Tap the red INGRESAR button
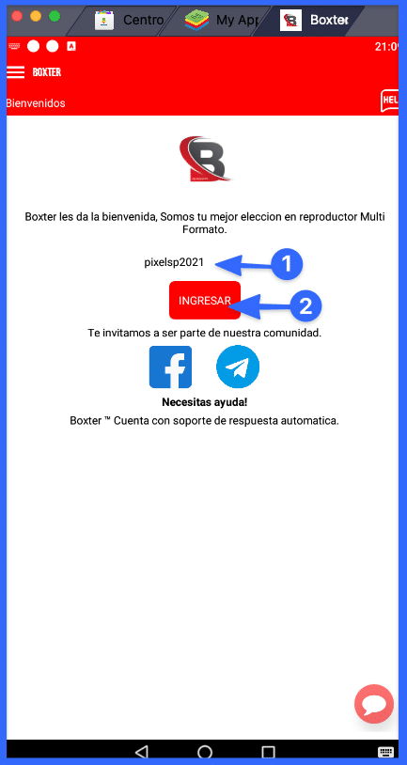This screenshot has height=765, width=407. [205, 301]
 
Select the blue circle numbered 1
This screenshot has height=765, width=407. [286, 264]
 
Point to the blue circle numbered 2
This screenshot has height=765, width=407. [305, 305]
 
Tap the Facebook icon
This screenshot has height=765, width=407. [170, 367]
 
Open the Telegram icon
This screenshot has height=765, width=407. [238, 367]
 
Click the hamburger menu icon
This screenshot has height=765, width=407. [15, 72]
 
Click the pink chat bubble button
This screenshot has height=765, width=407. [373, 704]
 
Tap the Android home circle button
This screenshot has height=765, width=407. [205, 752]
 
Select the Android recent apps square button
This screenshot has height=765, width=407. [268, 752]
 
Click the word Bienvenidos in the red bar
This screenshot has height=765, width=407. [36, 103]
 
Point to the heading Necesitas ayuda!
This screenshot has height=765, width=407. [204, 403]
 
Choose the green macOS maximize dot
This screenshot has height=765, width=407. [55, 17]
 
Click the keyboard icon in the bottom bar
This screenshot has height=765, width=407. [385, 752]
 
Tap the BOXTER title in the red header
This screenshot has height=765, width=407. [46, 72]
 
